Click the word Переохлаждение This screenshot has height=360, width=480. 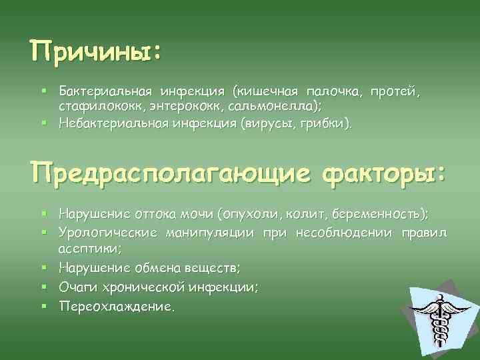point(115,306)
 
